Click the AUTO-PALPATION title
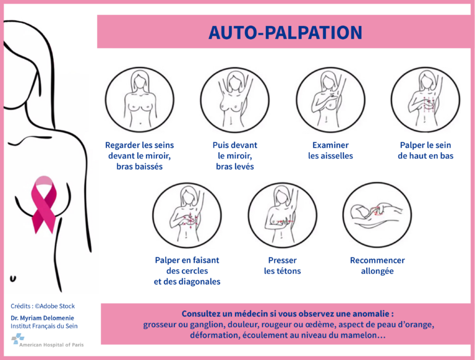click(285, 32)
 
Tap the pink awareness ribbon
click(45, 205)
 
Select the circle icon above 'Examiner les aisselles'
click(330, 100)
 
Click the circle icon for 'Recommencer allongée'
click(377, 215)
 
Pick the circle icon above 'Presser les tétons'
click(282, 215)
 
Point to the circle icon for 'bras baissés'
click(140, 100)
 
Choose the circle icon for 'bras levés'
click(235, 100)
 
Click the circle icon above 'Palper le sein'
click(426, 100)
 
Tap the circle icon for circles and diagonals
click(187, 215)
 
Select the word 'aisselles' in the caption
click(337, 156)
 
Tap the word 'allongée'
click(377, 271)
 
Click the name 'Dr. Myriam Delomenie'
click(43, 318)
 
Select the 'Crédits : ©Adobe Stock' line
click(43, 306)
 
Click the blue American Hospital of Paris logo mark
click(18, 338)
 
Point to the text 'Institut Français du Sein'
click(45, 327)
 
